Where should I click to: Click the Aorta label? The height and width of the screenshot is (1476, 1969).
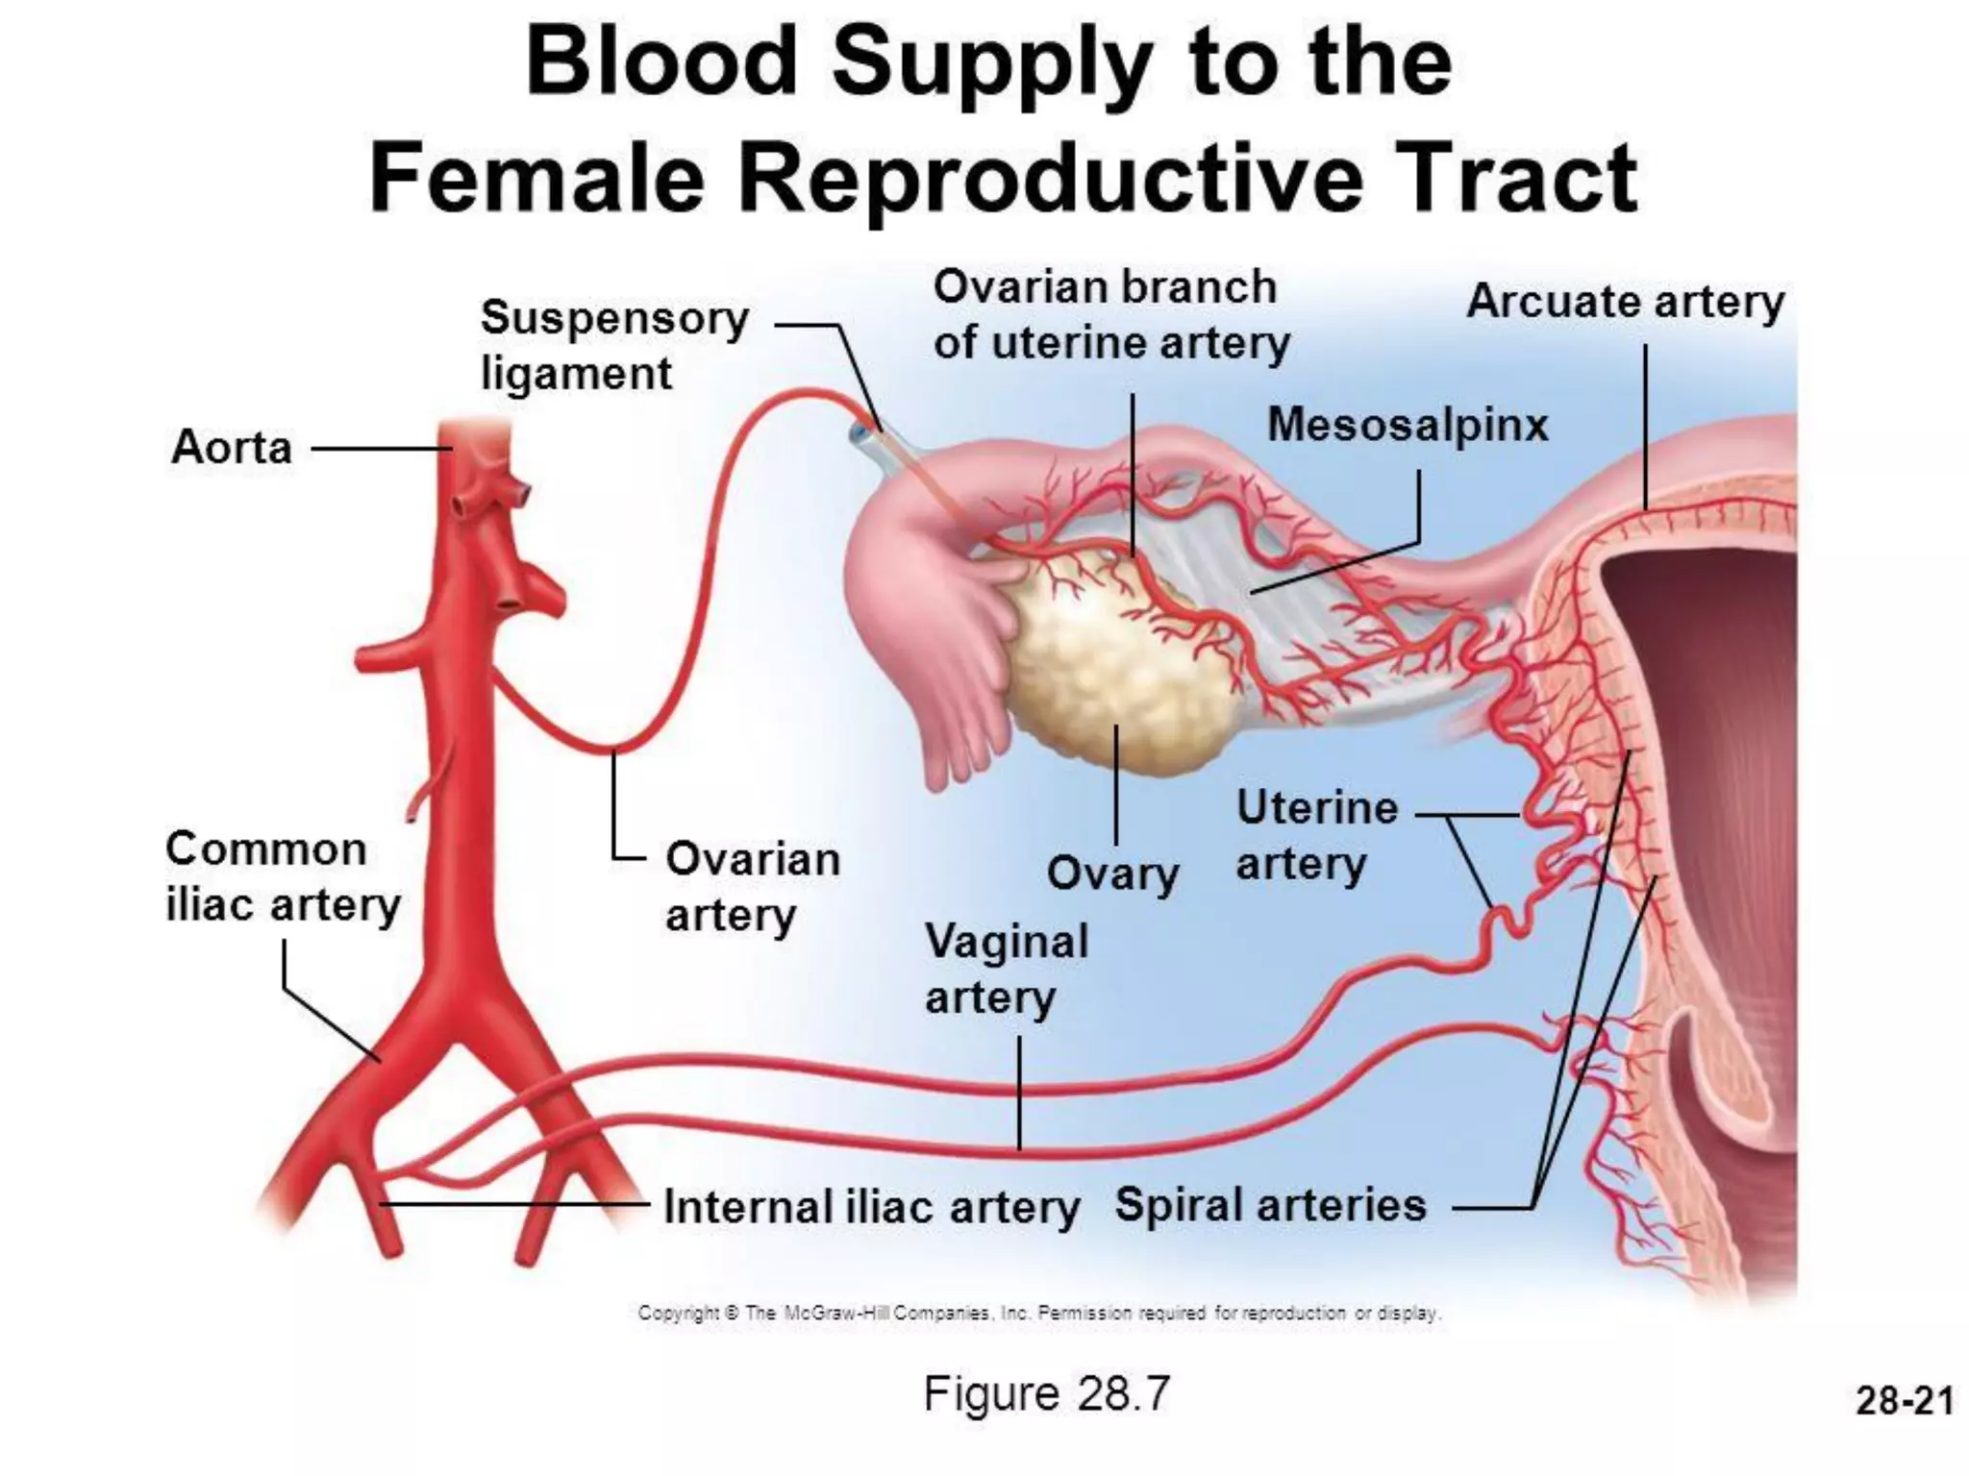(232, 448)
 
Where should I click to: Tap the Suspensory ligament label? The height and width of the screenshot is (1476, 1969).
(613, 345)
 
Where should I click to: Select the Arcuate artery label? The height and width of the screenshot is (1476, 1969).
(1625, 302)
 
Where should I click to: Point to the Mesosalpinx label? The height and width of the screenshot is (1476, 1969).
(1408, 425)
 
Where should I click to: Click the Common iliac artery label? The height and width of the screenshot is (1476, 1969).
(283, 877)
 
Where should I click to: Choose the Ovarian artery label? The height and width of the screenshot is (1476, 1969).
(752, 887)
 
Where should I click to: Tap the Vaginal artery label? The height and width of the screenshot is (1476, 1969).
(1006, 969)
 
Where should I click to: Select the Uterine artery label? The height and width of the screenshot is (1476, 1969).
(1316, 835)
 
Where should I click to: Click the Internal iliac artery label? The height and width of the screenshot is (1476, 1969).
(871, 1207)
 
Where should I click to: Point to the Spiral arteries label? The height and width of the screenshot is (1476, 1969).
(1270, 1205)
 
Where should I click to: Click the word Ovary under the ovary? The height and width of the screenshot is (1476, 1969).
(1112, 873)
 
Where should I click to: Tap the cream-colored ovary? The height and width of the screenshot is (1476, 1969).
(1106, 663)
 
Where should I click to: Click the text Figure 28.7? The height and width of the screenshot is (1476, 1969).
(1046, 1393)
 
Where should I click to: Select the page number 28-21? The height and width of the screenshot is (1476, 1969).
(1905, 1400)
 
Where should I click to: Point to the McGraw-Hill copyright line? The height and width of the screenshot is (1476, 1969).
(1039, 1313)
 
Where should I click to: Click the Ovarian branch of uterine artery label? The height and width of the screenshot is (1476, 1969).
(1110, 315)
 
